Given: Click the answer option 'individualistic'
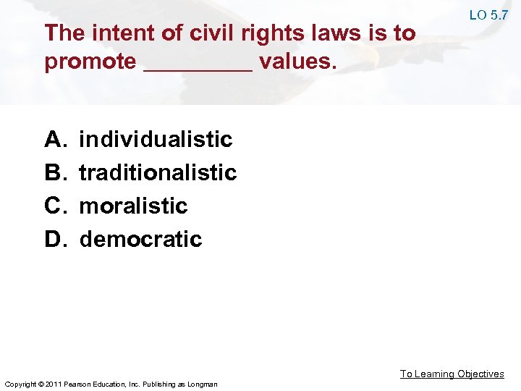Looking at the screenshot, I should pos(156,139).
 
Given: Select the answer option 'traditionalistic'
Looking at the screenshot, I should pos(158,172).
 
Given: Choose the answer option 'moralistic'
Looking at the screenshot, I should pos(133,206).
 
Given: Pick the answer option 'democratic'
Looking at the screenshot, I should pos(140,239).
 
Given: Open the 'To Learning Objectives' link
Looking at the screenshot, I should pos(452,374).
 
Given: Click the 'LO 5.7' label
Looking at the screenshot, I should pos(488,14).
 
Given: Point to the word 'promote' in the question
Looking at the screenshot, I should pos(90,62).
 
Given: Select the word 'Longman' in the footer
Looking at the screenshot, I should pos(202,383).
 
